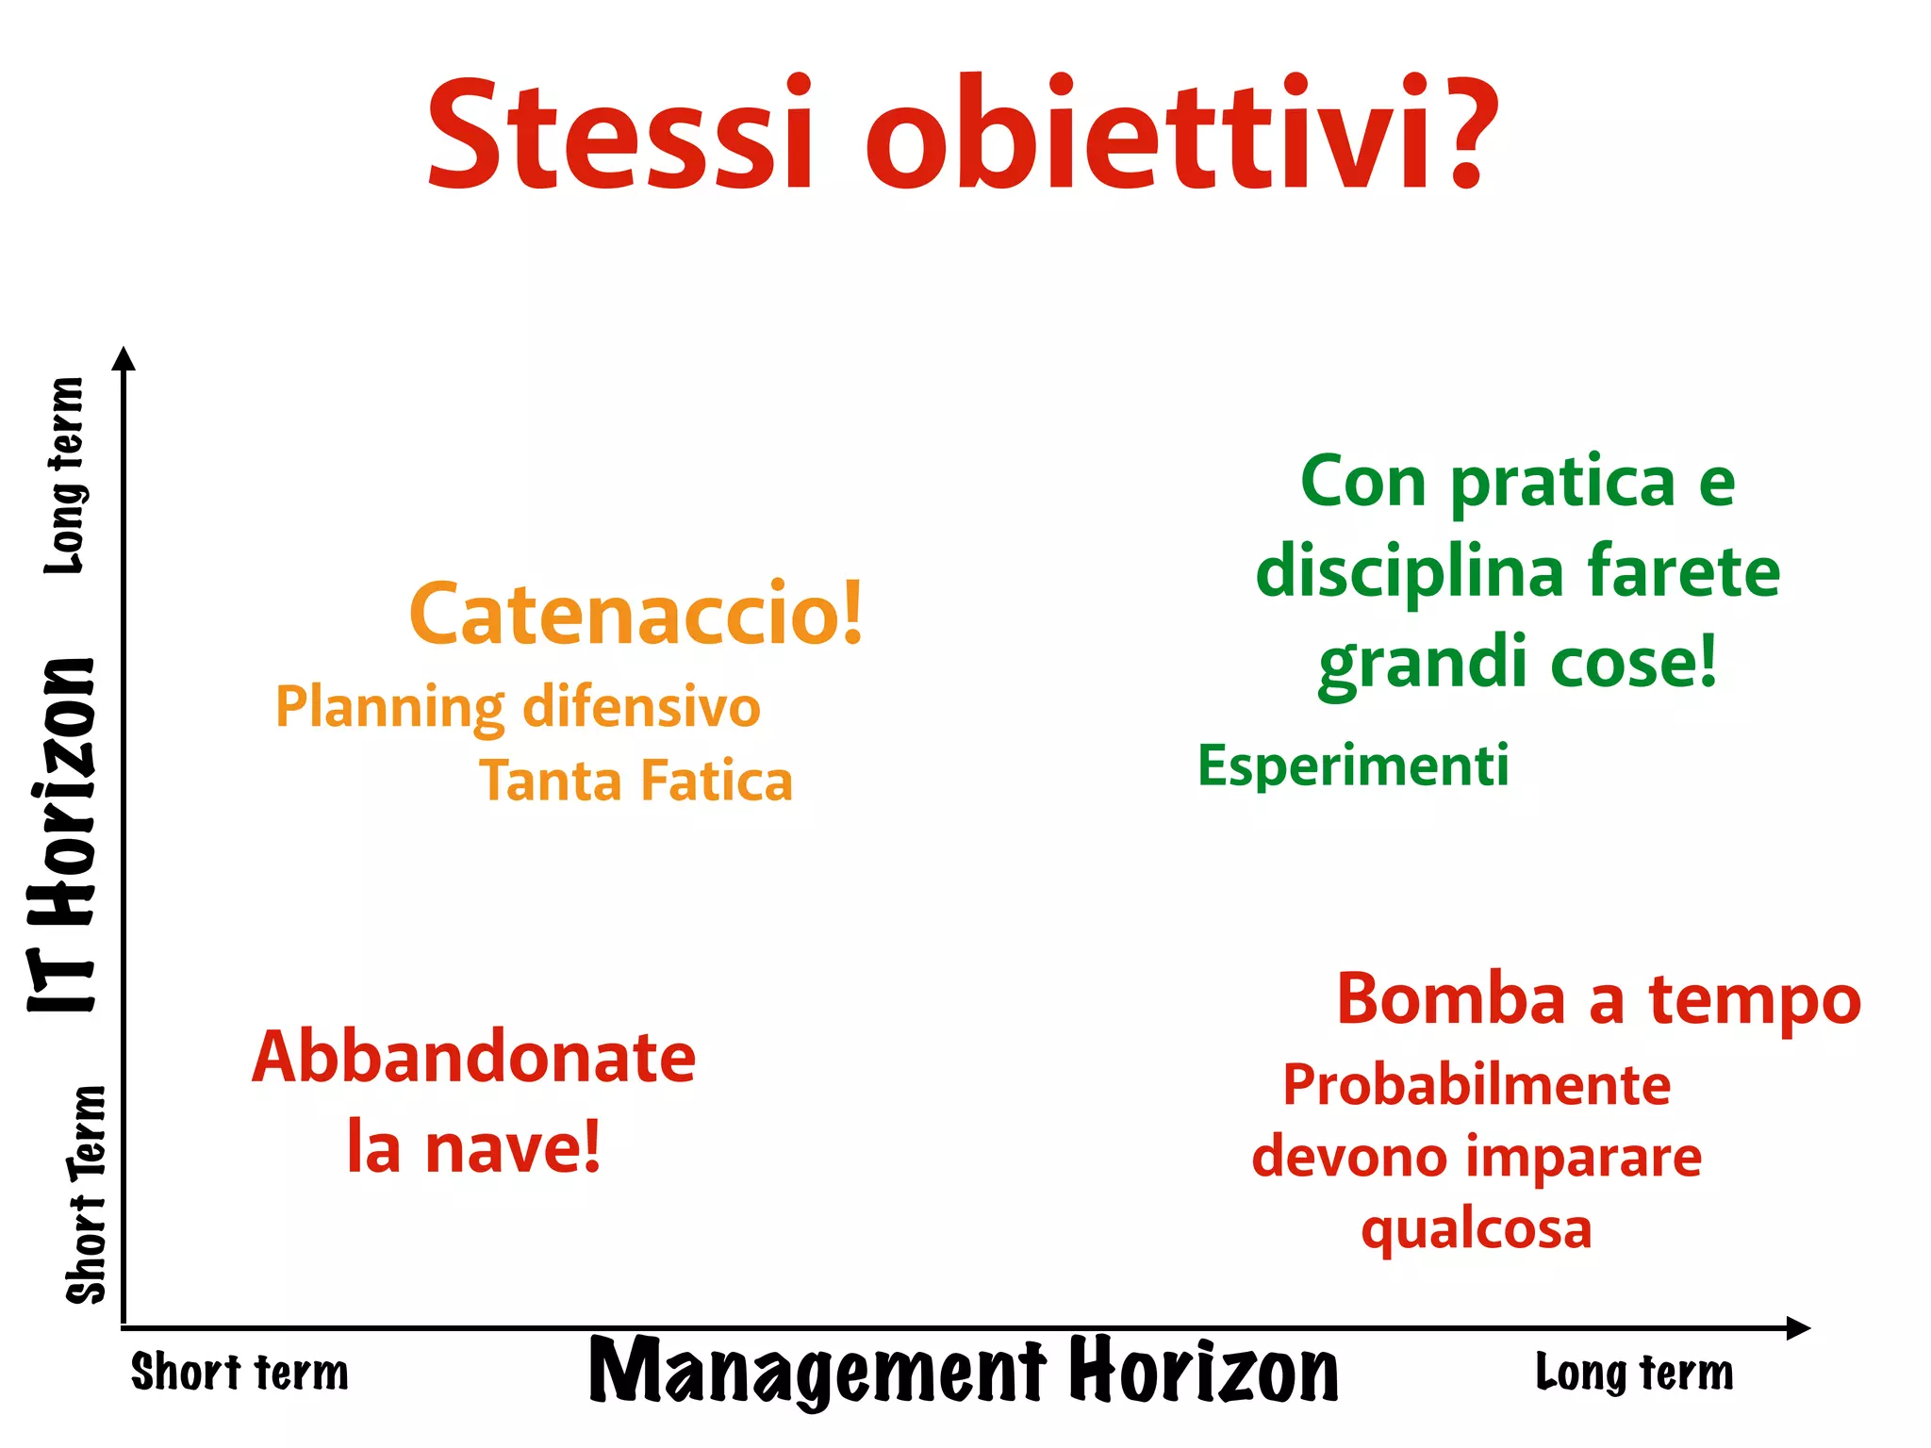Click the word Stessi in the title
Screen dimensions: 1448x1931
coord(619,135)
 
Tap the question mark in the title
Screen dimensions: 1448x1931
coord(1464,135)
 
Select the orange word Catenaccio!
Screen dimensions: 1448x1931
coord(636,615)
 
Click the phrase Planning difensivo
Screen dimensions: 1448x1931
coord(518,707)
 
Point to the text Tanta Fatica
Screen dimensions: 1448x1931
coord(636,782)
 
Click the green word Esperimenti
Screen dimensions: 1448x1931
coord(1353,765)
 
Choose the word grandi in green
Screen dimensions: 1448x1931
coord(1423,664)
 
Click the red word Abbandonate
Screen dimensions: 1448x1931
coord(473,1058)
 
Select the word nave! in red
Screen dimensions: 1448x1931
coord(513,1148)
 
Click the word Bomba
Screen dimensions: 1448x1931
coord(1451,1000)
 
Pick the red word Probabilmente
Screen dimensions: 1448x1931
coord(1477,1085)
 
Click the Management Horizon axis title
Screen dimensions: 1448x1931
coord(964,1372)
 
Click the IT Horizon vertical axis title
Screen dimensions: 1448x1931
coord(62,835)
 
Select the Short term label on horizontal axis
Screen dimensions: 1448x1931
coord(239,1373)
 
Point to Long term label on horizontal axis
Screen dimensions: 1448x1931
coord(1634,1373)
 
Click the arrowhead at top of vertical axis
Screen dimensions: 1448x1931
coord(124,358)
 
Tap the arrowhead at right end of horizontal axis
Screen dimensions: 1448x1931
coord(1798,1328)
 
